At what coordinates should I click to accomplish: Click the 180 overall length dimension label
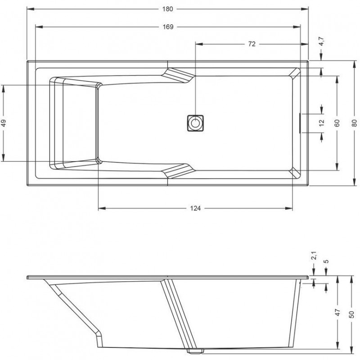point(167,9)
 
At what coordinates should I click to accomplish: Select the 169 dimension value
point(168,27)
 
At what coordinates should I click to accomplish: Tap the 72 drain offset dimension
point(252,44)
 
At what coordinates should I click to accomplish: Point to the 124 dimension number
point(196,208)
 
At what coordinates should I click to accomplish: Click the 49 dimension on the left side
point(4,123)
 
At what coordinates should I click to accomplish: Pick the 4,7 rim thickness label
point(321,41)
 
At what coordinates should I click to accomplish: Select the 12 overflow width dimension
point(322,122)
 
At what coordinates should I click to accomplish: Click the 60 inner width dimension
point(337,123)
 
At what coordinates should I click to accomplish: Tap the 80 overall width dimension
point(355,123)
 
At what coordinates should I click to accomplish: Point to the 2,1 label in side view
point(314,256)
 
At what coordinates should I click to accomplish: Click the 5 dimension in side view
point(327,261)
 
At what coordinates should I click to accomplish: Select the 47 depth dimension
point(337,312)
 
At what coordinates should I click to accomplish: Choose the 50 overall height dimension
point(351,314)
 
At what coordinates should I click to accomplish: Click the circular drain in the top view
point(195,123)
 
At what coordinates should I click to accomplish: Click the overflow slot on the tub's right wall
point(300,123)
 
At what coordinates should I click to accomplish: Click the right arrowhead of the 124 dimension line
point(289,208)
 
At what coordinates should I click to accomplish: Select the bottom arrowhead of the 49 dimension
point(4,157)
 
